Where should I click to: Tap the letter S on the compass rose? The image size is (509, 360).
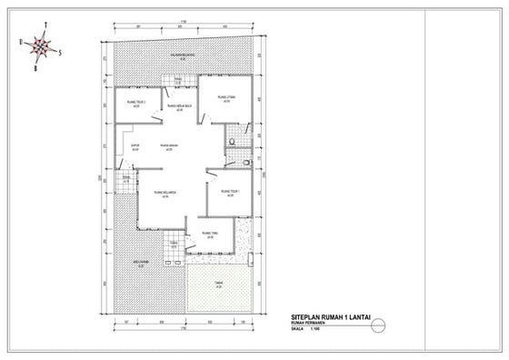click(61, 52)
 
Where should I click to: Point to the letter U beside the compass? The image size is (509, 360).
click(20, 42)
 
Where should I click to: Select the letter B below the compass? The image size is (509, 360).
click(35, 67)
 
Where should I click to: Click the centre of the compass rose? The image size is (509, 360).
click(41, 45)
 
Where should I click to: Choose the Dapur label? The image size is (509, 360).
click(135, 145)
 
